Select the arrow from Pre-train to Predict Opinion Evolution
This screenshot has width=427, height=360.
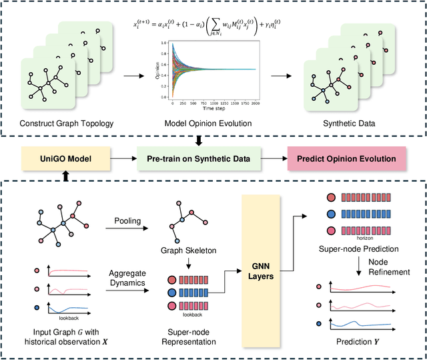(274, 159)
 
